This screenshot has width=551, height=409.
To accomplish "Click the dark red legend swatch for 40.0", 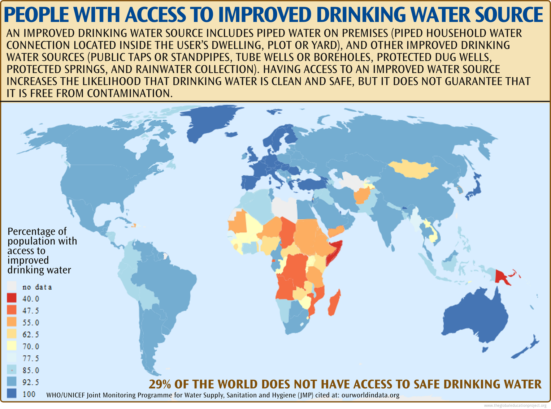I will [x=12, y=298].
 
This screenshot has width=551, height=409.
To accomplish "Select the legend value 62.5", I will [x=31, y=334].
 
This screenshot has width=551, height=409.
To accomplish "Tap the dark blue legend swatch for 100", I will [x=12, y=393].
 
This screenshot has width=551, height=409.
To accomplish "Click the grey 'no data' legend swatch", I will [x=12, y=287].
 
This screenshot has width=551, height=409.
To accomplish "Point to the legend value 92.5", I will [x=31, y=382].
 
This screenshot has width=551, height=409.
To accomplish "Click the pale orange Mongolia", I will [x=413, y=169].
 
